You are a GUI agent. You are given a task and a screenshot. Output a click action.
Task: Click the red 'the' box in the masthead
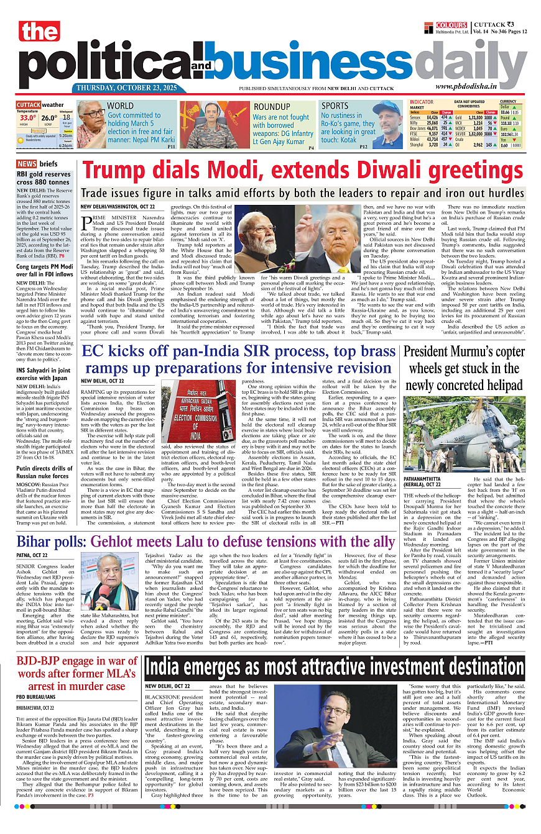tap(39, 32)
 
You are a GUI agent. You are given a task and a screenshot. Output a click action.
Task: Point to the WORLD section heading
tap(120, 106)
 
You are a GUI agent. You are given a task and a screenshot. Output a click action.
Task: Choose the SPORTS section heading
tap(335, 106)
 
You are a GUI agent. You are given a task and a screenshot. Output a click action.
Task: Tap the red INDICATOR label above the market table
tap(422, 101)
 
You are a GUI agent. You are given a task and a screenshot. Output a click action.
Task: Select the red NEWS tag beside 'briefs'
tap(26, 164)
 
